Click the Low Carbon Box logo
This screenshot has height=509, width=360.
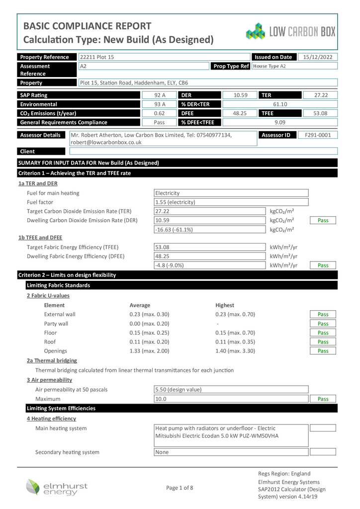pos(291,31)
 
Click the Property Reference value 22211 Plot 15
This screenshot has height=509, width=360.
pos(97,57)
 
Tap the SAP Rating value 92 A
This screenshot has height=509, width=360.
pos(160,95)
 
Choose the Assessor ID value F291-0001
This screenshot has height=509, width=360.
pos(318,135)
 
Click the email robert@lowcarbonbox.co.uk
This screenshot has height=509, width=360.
pos(106,142)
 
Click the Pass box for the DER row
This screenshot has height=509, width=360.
pos(323,220)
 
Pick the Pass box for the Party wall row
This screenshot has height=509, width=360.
pos(323,324)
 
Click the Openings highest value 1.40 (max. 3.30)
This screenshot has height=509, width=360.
pos(235,351)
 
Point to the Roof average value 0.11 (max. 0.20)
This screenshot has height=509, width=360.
pos(149,342)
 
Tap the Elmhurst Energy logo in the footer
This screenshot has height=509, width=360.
pos(57,487)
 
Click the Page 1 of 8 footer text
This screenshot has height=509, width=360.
pos(180,488)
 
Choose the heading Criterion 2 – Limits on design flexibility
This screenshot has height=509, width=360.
pos(67,275)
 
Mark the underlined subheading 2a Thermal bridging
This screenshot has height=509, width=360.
pos(52,360)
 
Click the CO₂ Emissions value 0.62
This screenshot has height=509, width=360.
pos(160,113)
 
